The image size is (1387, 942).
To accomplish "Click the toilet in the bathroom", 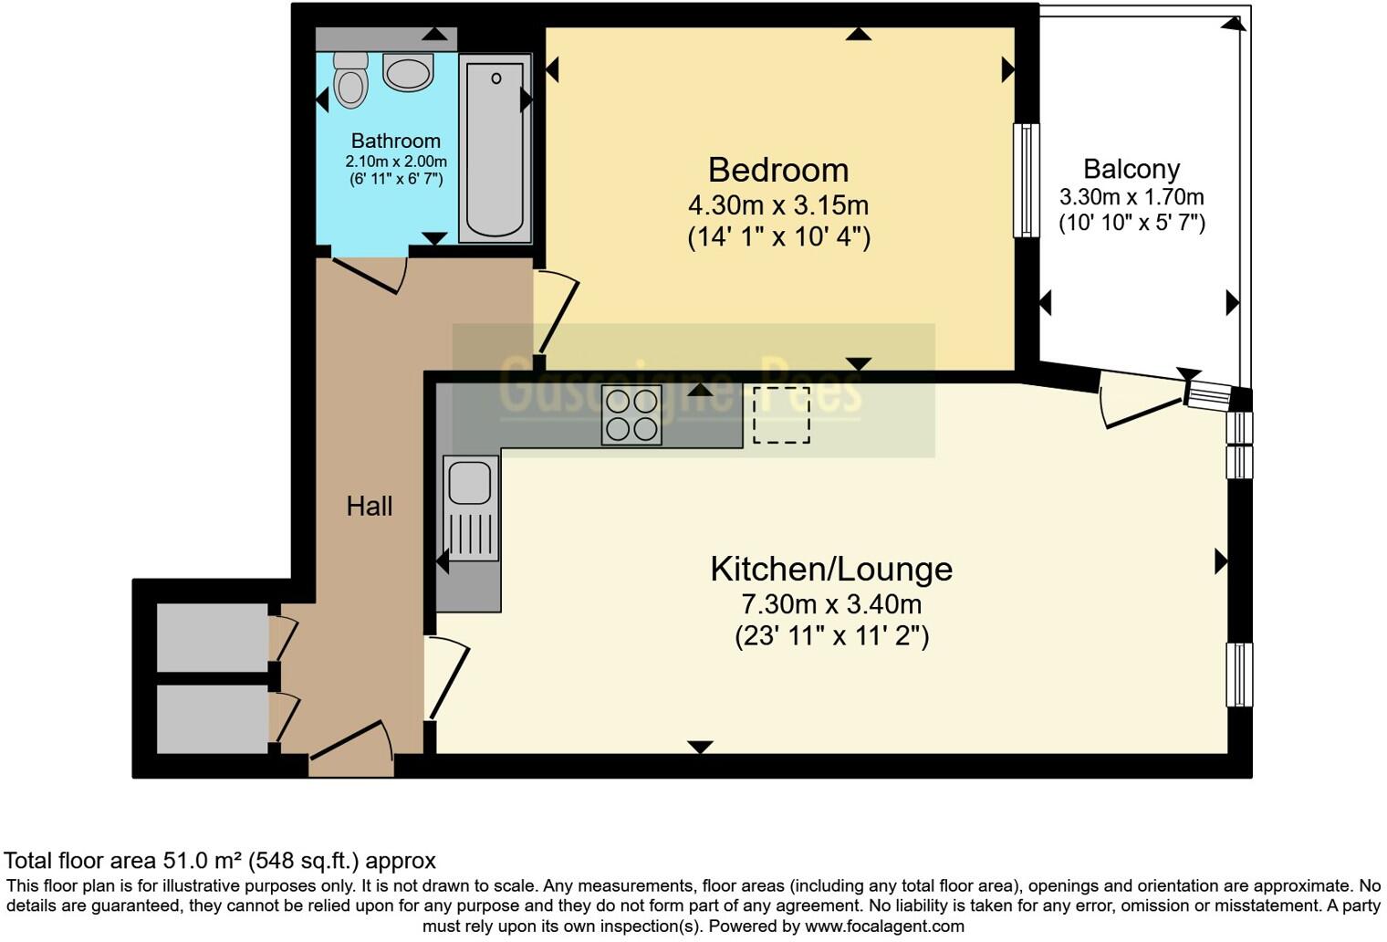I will (x=349, y=80).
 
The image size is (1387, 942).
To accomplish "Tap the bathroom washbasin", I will (x=407, y=72).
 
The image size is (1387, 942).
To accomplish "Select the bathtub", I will (x=495, y=149).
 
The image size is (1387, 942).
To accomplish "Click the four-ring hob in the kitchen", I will (x=631, y=415).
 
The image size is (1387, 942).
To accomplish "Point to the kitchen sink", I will (x=471, y=482).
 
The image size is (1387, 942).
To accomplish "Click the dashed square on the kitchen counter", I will (x=781, y=415).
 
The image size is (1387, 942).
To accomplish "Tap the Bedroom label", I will (x=778, y=170).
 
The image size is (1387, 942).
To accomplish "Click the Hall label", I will (x=369, y=506).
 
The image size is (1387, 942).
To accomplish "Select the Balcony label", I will (x=1131, y=169).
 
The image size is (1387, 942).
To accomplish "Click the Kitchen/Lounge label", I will (x=831, y=569).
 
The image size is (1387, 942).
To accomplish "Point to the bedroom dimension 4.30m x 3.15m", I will (x=778, y=204).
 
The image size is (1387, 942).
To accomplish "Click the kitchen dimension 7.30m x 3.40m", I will (x=831, y=604).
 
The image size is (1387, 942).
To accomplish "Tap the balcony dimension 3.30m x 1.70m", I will (x=1131, y=197).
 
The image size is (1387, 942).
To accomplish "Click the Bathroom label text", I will (x=395, y=141).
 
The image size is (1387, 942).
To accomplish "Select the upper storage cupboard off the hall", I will (x=212, y=637).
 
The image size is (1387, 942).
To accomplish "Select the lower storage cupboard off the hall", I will (x=212, y=718).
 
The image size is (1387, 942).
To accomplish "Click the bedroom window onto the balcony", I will (x=1027, y=180).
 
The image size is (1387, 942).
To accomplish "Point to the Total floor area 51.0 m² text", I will (x=220, y=860).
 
